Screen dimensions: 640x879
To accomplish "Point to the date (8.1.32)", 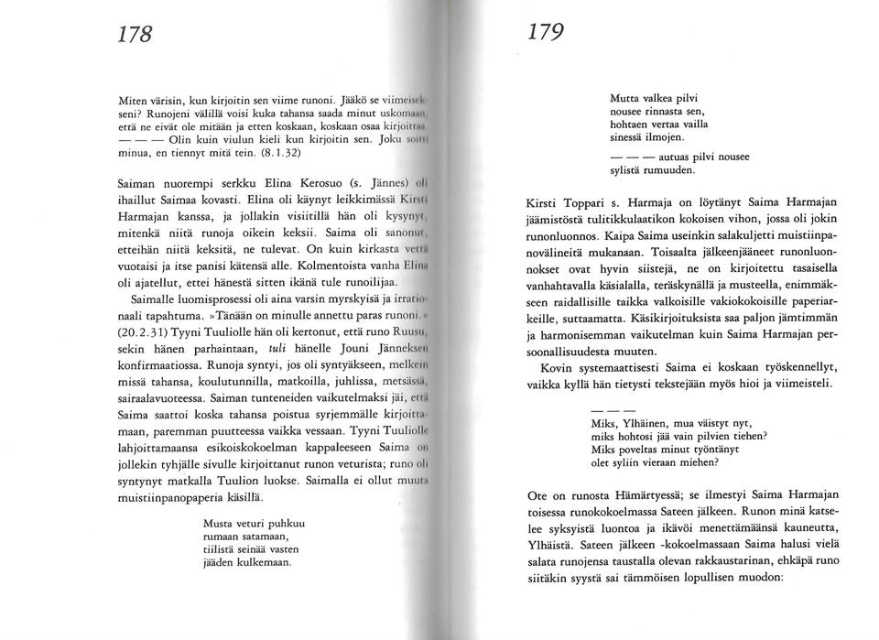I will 264,155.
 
